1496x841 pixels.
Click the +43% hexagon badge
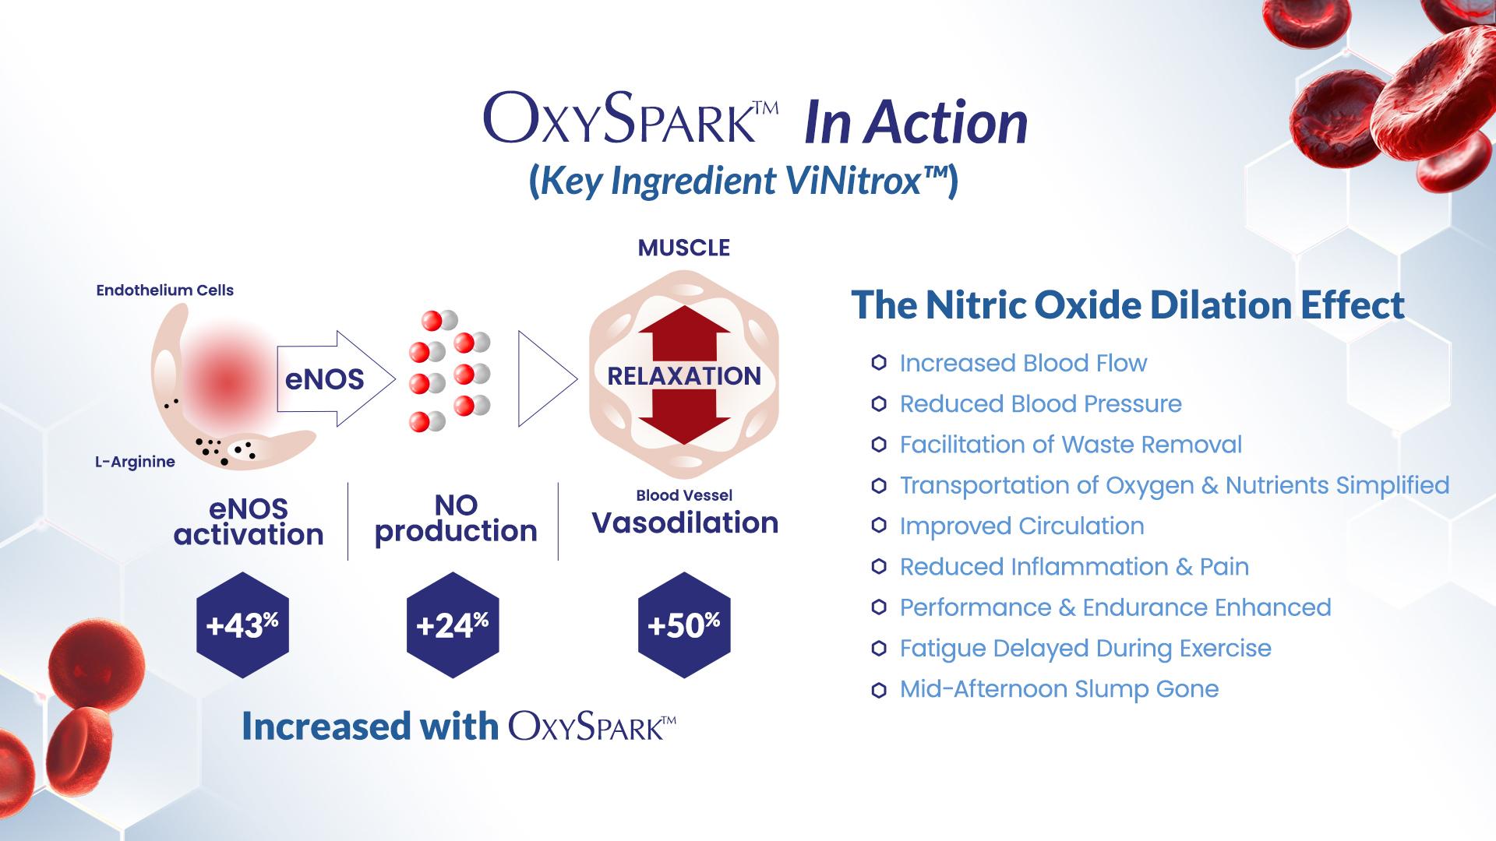coord(242,625)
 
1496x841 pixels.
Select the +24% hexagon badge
coord(453,625)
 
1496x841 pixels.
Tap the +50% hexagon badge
coord(684,625)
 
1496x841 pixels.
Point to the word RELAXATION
coord(684,376)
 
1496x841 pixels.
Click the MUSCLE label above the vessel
coord(684,248)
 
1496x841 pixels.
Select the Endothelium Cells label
coord(165,290)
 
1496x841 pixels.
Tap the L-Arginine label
coord(135,462)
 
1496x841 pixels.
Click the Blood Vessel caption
coord(684,495)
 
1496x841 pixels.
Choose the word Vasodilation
coord(685,523)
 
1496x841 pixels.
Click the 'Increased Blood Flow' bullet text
coord(1023,363)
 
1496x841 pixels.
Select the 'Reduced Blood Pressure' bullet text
coord(1041,403)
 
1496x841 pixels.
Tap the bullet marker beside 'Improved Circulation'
coord(879,526)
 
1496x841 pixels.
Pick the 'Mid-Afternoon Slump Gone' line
coord(1060,689)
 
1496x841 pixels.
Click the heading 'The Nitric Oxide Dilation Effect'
coord(1128,304)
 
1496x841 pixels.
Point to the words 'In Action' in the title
coord(916,123)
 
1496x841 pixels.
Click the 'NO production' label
coord(456,518)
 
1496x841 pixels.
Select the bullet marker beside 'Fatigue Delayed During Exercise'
coord(879,648)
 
